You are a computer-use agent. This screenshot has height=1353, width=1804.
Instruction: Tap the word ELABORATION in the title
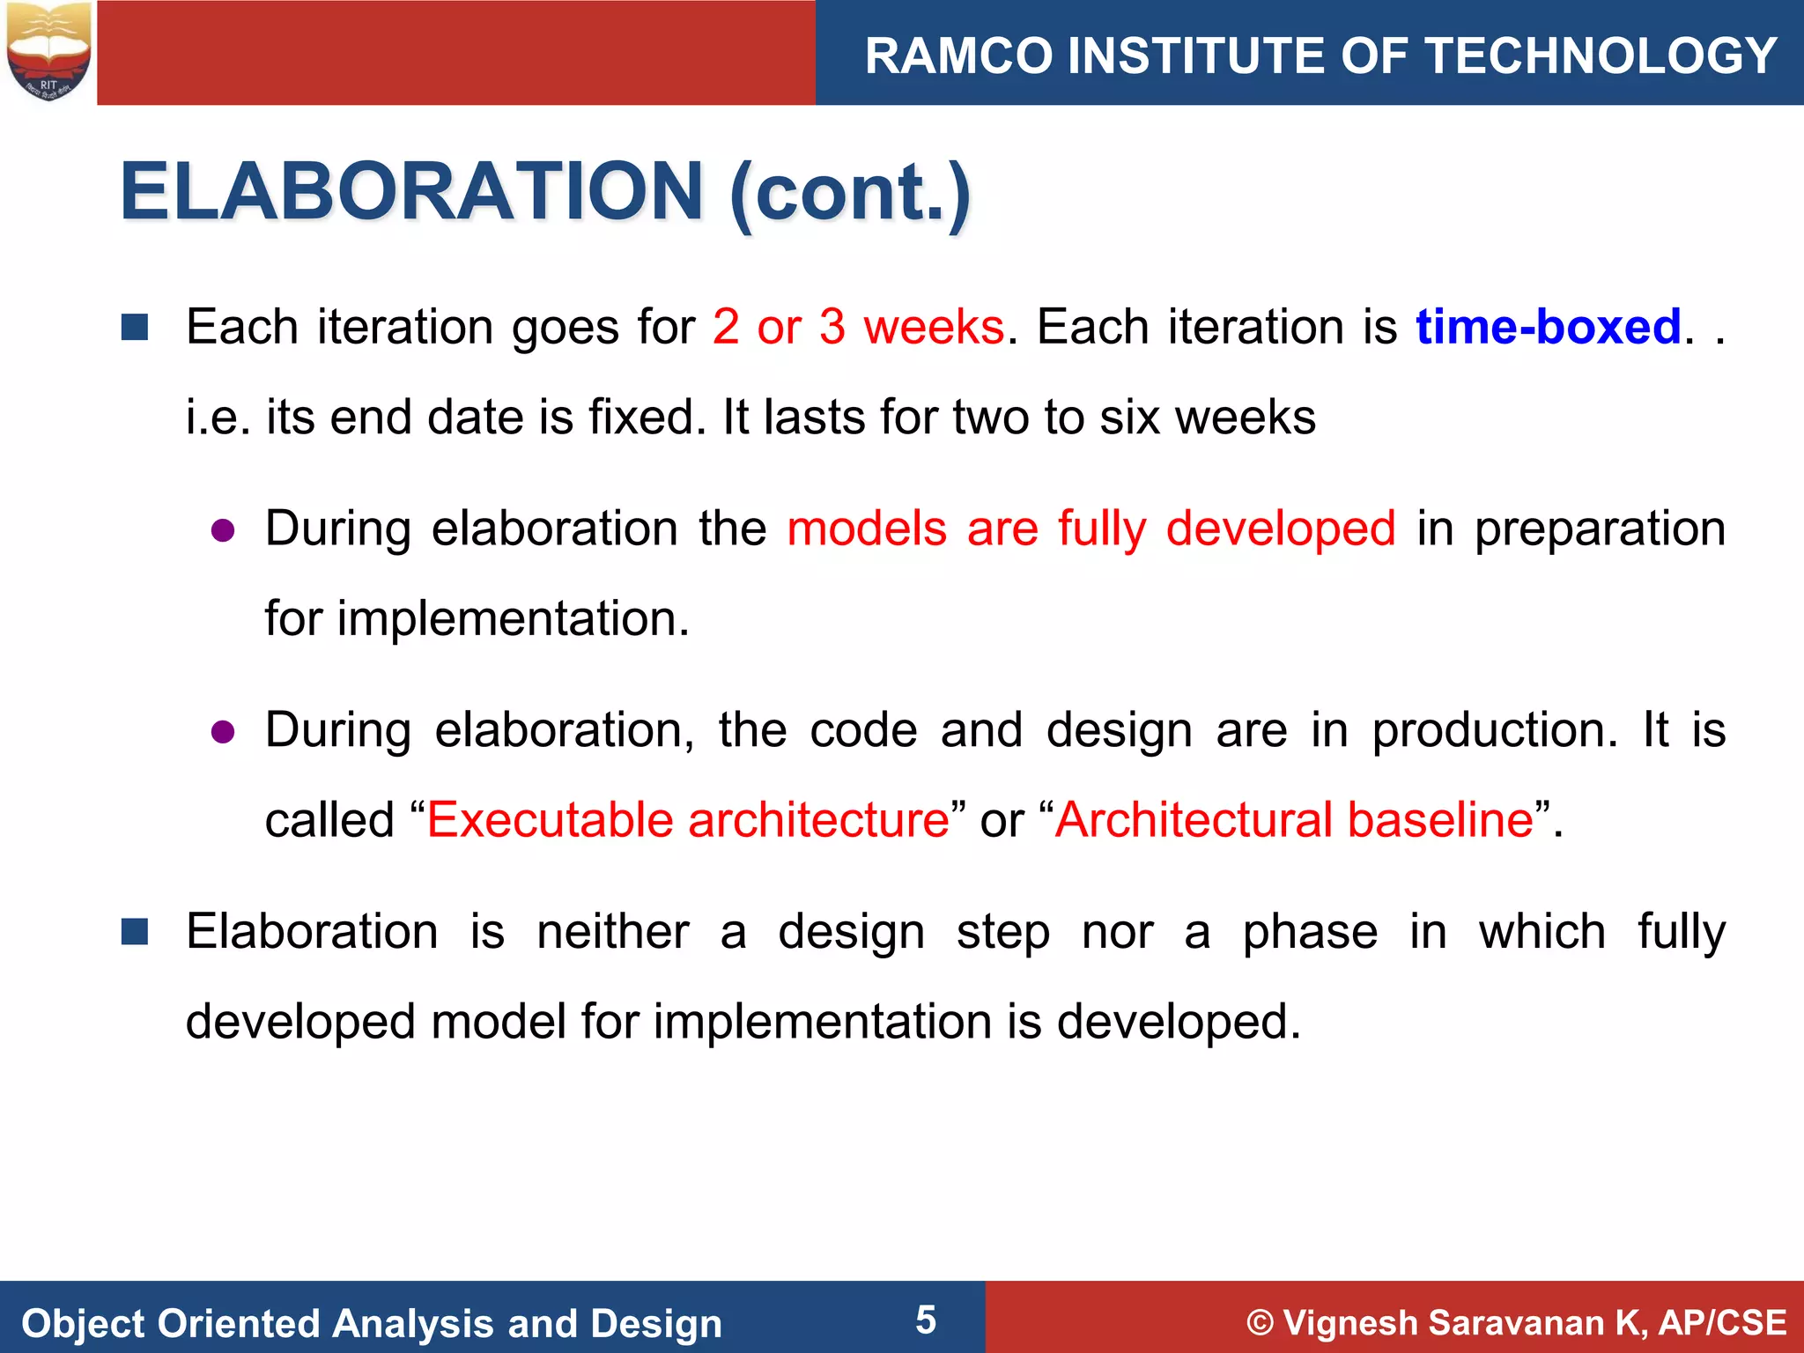[411, 191]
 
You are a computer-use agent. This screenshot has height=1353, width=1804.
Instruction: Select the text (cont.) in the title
[850, 193]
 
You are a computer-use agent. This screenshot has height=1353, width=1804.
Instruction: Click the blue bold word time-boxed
[1549, 327]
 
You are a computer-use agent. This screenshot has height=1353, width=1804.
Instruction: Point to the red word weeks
[934, 327]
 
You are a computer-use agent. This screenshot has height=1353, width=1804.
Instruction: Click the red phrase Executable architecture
[688, 819]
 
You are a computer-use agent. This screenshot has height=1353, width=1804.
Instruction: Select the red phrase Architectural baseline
[1294, 819]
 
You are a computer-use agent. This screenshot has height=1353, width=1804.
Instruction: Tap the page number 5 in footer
[926, 1320]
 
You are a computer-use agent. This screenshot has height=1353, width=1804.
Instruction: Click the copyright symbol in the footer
[1261, 1323]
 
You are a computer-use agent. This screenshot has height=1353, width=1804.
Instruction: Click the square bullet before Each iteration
[135, 328]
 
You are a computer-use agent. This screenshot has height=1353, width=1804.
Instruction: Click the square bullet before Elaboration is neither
[135, 931]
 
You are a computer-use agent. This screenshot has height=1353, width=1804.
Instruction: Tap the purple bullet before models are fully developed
[223, 530]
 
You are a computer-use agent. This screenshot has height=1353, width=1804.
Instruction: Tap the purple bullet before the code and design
[223, 732]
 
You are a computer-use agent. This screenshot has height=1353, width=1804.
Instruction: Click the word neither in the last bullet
[613, 932]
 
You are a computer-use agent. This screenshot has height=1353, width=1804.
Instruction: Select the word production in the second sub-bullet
[1494, 730]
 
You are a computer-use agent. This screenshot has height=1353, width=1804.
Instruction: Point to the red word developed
[1281, 529]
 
